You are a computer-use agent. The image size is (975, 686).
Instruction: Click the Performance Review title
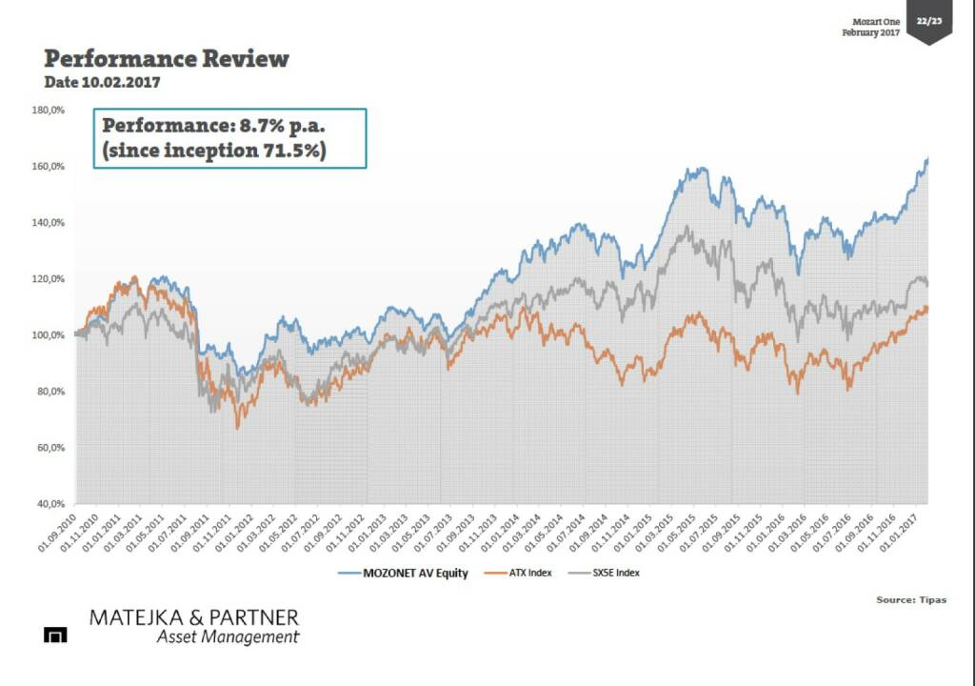pos(167,59)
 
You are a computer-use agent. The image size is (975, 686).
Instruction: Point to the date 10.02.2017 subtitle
pos(102,83)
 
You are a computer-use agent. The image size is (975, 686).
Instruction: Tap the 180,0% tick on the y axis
pos(49,111)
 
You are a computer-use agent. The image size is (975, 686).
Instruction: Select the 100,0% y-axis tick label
pos(49,335)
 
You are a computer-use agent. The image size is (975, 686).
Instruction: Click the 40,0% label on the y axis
pos(50,503)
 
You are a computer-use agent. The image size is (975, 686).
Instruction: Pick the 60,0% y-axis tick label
pos(50,448)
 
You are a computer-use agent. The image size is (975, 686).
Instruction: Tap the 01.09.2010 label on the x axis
pos(65,534)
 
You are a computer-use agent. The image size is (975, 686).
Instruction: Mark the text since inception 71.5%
pos(213,151)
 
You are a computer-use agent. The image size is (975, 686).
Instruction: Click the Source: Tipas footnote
pos(911,600)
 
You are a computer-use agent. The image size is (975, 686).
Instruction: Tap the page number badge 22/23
pos(928,20)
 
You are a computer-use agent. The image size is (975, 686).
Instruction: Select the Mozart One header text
pos(875,21)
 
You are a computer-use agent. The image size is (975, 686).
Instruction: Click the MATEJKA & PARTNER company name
pos(193,617)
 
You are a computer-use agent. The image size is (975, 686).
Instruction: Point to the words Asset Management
pos(228,637)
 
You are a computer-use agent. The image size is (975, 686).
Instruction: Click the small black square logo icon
pos(55,636)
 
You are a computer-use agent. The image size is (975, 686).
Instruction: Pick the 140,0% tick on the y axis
pos(49,223)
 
